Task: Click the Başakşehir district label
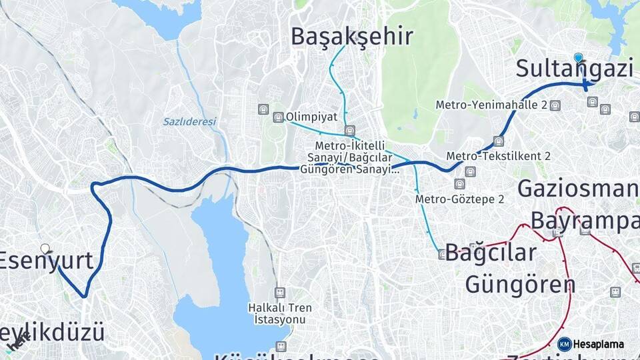pyautogui.click(x=352, y=37)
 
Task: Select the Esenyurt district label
pyautogui.click(x=45, y=261)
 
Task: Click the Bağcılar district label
pyautogui.click(x=491, y=253)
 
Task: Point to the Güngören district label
pyautogui.click(x=520, y=285)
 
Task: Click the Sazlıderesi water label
pyautogui.click(x=190, y=122)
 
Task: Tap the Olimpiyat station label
pyautogui.click(x=312, y=117)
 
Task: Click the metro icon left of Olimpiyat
pyautogui.click(x=278, y=117)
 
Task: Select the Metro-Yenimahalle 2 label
pyautogui.click(x=491, y=105)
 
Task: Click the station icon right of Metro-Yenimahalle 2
pyautogui.click(x=555, y=105)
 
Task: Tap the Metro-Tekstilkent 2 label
pyautogui.click(x=499, y=156)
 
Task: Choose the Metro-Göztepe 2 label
pyautogui.click(x=459, y=199)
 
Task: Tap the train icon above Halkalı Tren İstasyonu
pyautogui.click(x=279, y=293)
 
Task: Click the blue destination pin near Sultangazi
pyautogui.click(x=578, y=58)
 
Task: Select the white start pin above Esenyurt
pyautogui.click(x=45, y=249)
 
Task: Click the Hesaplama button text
pyautogui.click(x=599, y=344)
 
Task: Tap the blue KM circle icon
pyautogui.click(x=564, y=344)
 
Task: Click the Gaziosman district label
pyautogui.click(x=577, y=189)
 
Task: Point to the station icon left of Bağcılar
pyautogui.click(x=441, y=254)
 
